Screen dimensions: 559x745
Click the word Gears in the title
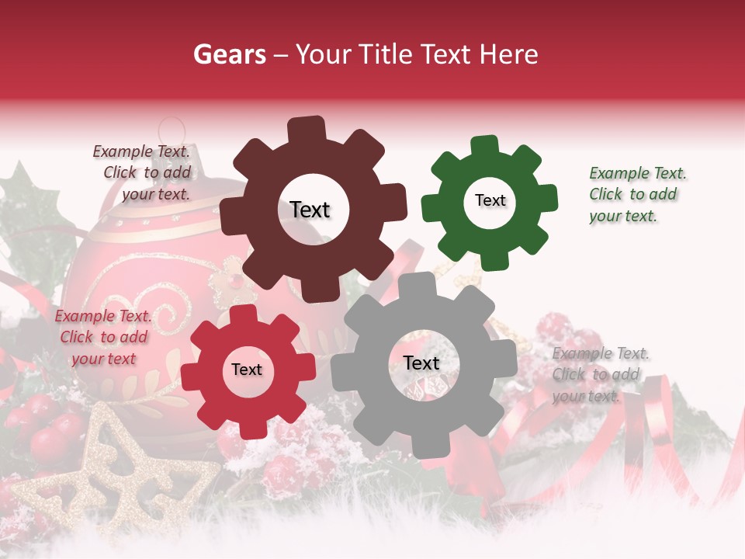tap(229, 55)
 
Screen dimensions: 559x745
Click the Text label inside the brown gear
tap(310, 210)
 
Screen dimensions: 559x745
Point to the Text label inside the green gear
tap(490, 200)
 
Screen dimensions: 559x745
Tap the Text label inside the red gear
tap(247, 370)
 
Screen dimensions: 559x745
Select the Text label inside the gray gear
tap(421, 363)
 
